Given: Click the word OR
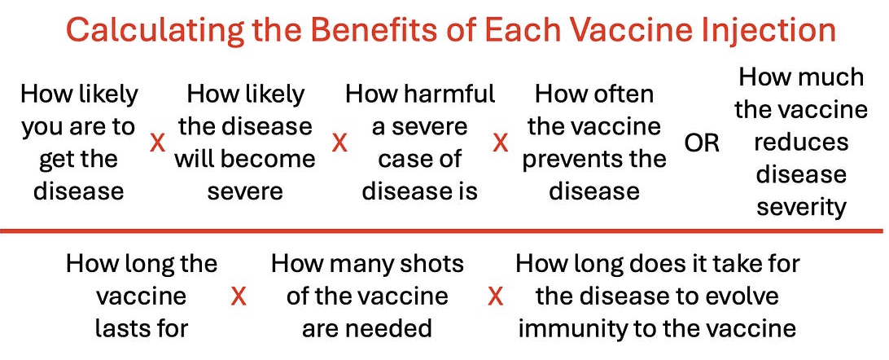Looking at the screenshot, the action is pos(701,144).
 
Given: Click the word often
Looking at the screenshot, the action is pos(624,94).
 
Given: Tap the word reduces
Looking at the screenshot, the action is pos(801,142).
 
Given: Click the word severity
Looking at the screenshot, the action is pos(801,208).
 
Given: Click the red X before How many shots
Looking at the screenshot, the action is pos(239,296).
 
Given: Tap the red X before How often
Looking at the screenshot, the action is pos(500,143).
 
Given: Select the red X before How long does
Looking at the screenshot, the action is pos(496,296).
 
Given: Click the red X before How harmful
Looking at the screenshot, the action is pos(339,143).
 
